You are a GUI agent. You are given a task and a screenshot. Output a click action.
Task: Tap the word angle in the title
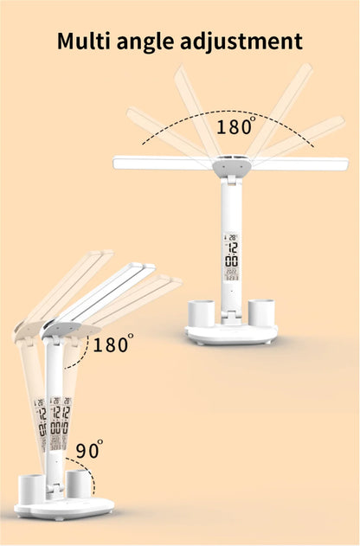tap(152, 42)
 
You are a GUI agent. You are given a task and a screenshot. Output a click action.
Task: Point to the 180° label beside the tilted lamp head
tap(113, 345)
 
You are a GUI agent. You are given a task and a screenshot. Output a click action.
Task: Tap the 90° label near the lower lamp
tap(87, 450)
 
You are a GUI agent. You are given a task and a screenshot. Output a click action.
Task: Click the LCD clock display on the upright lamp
tap(231, 257)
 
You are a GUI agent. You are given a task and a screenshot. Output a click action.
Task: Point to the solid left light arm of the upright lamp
tap(160, 162)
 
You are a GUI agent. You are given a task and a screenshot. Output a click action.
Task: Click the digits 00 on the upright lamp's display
tap(231, 261)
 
